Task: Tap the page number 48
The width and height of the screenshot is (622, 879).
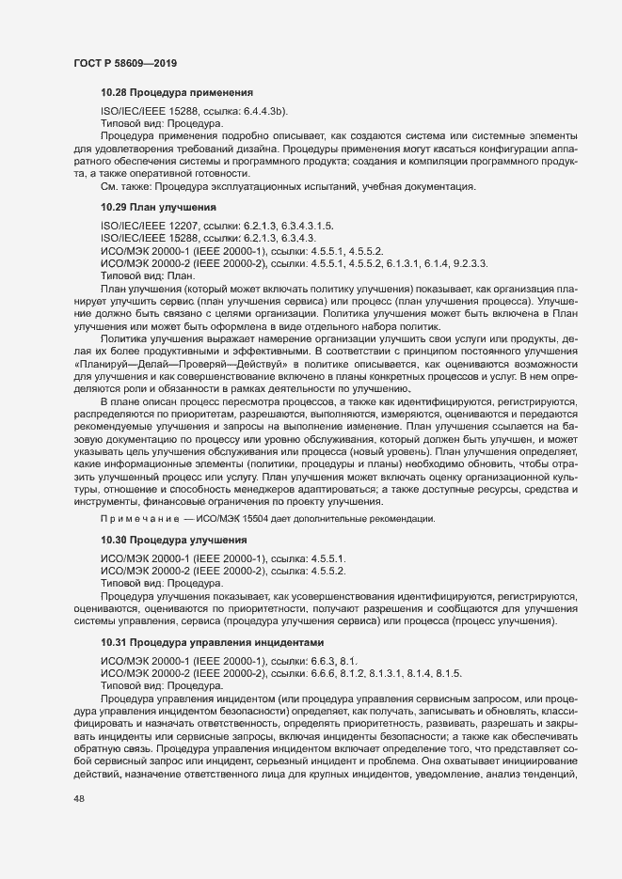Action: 79,825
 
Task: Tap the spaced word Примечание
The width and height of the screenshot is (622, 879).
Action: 139,520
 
